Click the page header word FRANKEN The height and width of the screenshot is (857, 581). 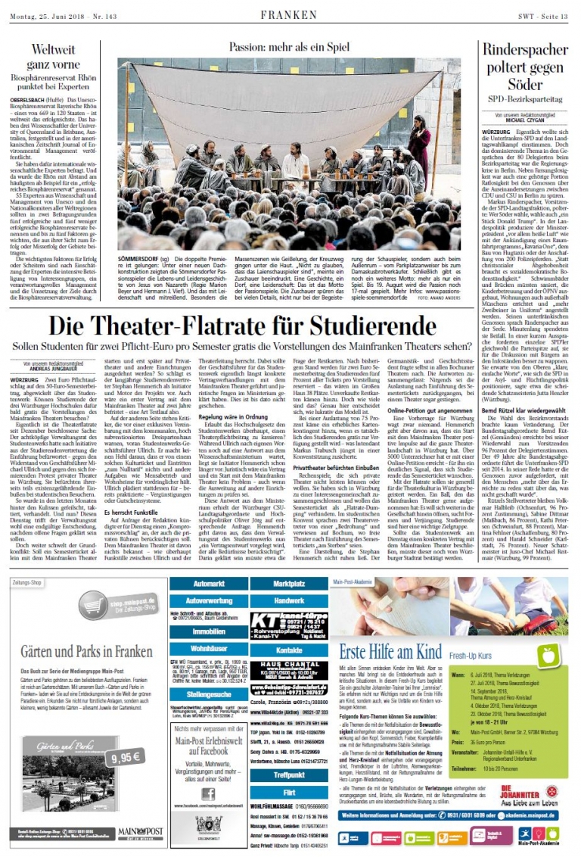click(289, 14)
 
